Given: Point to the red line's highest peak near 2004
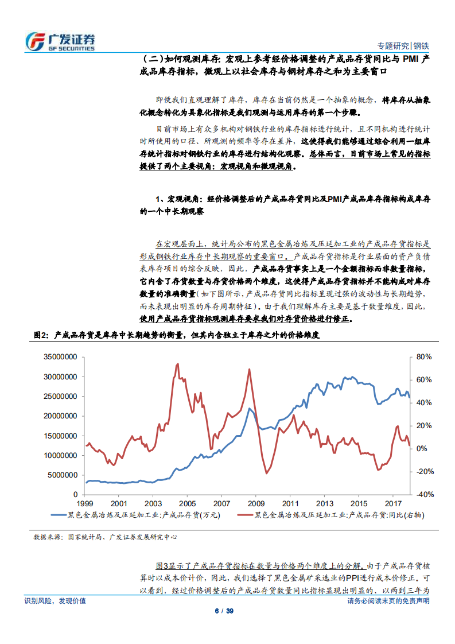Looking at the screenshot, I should pyautogui.click(x=177, y=363).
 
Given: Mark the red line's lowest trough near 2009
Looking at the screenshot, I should pyautogui.click(x=266, y=473).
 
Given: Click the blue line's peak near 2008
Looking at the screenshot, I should pyautogui.click(x=250, y=409).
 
